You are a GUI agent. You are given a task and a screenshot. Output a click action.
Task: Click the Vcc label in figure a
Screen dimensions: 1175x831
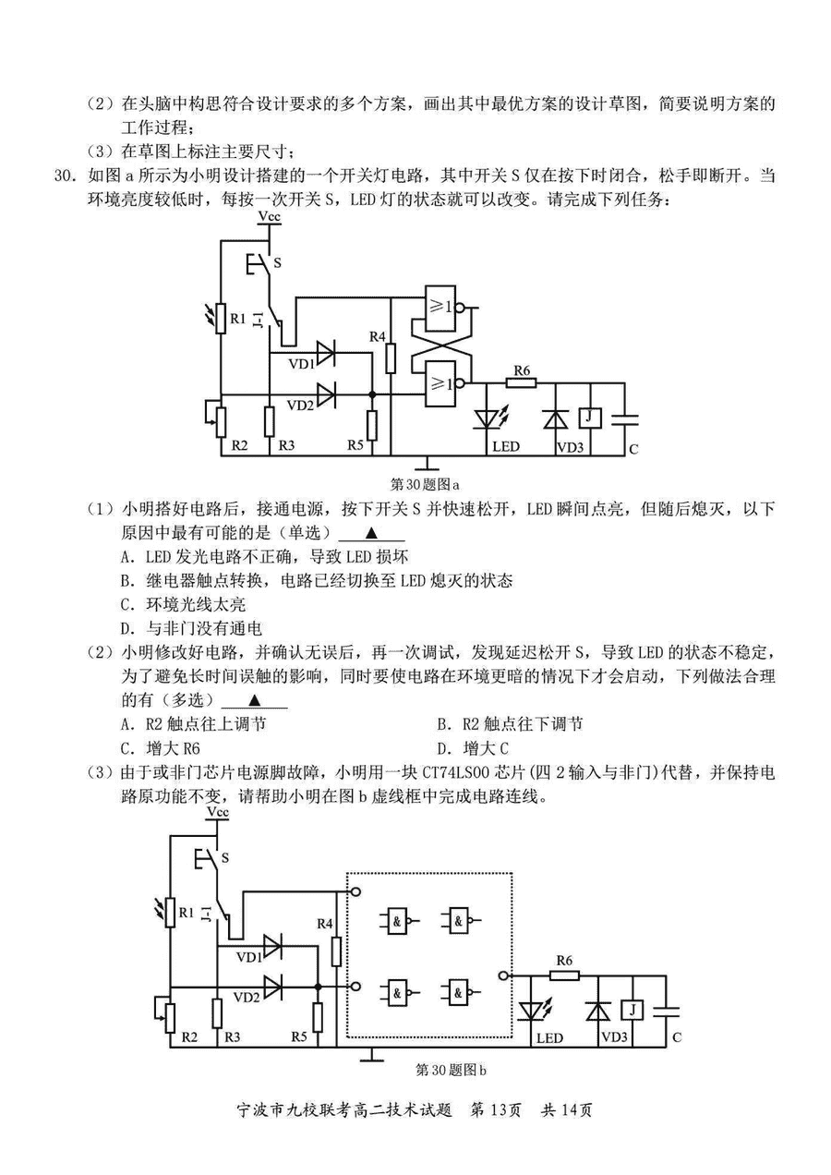pos(270,216)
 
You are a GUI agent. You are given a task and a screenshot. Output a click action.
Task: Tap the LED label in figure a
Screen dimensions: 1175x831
pos(505,447)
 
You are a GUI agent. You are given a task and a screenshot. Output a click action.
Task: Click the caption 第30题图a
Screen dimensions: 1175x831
pos(426,482)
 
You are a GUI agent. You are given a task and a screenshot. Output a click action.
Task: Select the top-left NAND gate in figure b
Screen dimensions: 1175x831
pos(397,920)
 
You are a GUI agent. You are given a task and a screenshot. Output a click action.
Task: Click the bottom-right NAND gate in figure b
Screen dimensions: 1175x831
pos(459,993)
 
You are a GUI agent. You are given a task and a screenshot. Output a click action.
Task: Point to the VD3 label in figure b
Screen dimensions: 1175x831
pos(614,1038)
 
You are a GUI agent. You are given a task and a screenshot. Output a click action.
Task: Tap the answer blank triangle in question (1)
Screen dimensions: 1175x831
pos(372,533)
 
